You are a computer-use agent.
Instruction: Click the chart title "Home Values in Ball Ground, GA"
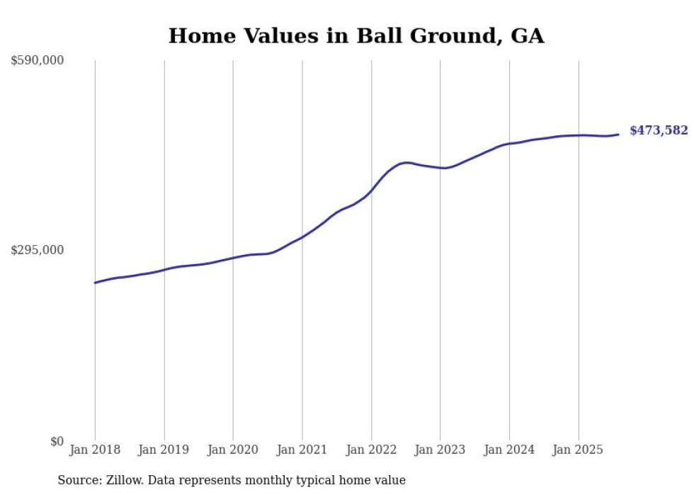[x=356, y=35]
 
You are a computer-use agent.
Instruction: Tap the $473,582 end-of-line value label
[x=659, y=130]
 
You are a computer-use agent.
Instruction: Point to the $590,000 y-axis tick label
[x=38, y=61]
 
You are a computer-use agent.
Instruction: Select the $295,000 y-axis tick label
[x=38, y=250]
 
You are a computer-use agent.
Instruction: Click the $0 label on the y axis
[x=57, y=441]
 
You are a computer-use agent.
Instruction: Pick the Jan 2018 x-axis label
[x=95, y=450]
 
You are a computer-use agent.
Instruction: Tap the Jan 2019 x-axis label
[x=164, y=450]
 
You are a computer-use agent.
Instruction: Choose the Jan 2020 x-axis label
[x=233, y=450]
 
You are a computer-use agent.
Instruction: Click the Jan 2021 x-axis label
[x=302, y=450]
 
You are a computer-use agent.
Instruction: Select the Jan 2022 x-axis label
[x=371, y=450]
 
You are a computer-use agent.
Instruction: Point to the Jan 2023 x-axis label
[x=440, y=450]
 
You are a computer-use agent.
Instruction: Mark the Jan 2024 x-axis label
[x=509, y=450]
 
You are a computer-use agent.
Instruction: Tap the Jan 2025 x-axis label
[x=579, y=450]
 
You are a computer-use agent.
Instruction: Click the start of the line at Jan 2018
[x=95, y=283]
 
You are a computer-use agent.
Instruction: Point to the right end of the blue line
[x=618, y=135]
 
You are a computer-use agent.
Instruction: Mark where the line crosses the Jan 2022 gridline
[x=371, y=190]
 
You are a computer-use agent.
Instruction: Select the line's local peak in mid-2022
[x=406, y=162]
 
